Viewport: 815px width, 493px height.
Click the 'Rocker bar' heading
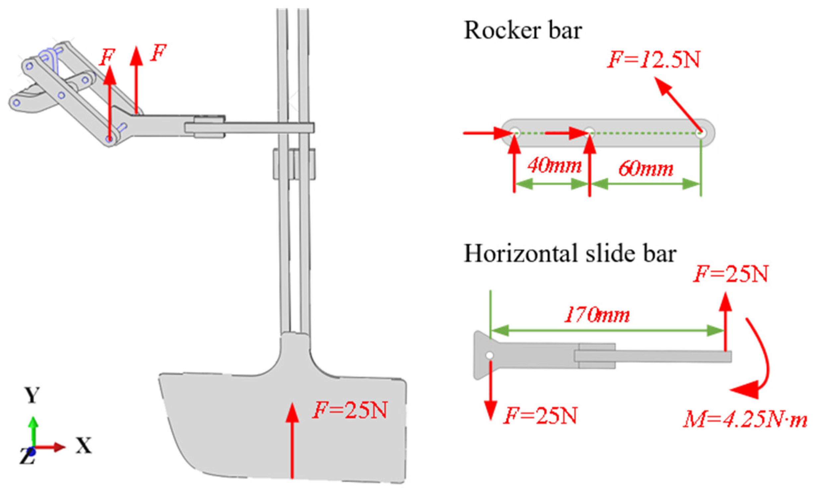(522, 31)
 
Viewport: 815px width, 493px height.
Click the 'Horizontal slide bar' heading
(569, 254)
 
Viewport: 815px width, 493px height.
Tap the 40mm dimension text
(555, 165)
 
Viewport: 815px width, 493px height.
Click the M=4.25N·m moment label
(745, 420)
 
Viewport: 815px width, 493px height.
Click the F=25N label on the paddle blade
(350, 410)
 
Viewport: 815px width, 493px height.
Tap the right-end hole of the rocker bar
(701, 134)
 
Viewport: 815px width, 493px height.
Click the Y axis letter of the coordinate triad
(32, 395)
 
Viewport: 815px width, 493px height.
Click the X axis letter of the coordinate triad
(83, 445)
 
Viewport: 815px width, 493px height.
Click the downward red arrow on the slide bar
(490, 391)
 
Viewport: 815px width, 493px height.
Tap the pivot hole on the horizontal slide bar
(490, 355)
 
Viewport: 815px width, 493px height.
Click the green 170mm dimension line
(607, 331)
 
